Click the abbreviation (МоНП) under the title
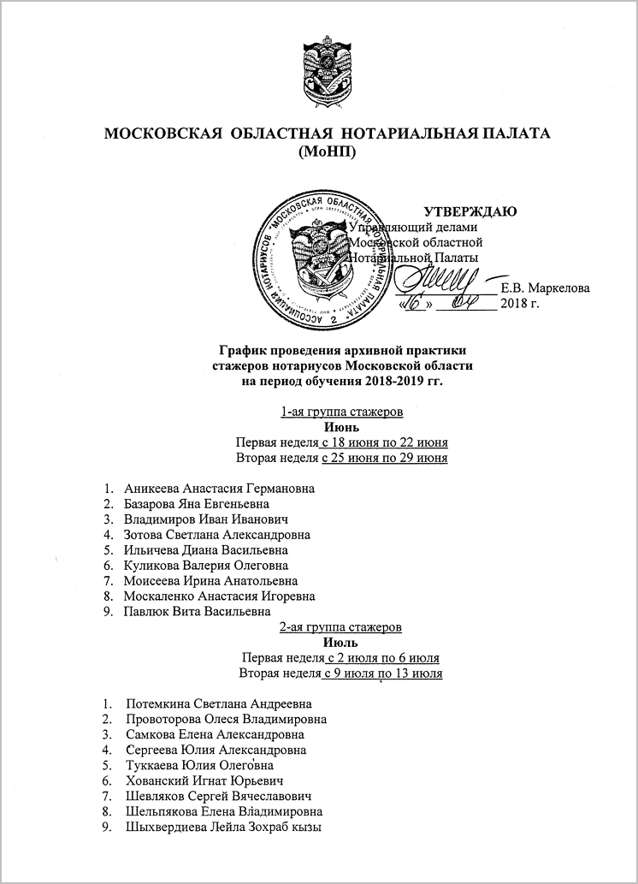(328, 152)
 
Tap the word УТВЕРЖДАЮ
(470, 211)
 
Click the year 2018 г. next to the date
(522, 304)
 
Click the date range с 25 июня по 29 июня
(385, 458)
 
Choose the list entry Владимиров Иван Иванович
(205, 519)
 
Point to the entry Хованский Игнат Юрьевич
(204, 780)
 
